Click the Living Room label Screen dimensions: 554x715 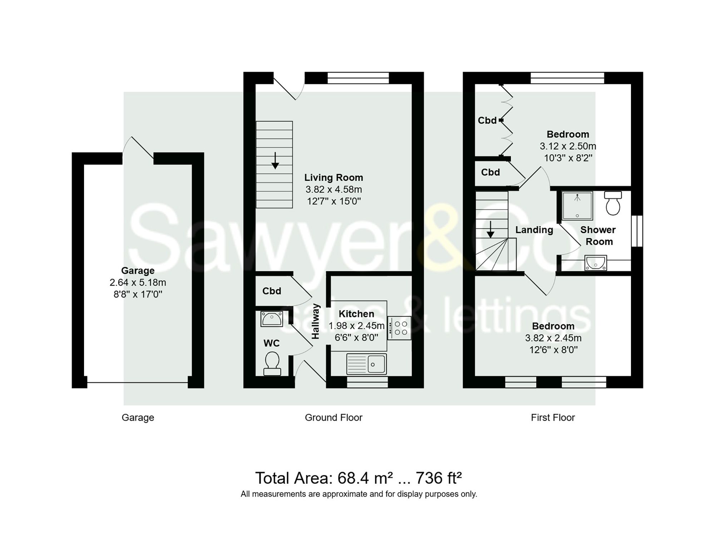point(333,177)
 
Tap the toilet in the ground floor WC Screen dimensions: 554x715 point(272,363)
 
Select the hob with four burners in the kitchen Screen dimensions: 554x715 point(399,328)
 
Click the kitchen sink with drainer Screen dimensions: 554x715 point(366,364)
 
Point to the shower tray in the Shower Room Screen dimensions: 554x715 point(577,205)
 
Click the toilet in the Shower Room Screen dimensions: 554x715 point(613,203)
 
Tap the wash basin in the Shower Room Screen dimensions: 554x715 point(596,263)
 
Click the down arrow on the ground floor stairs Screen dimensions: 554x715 point(275,161)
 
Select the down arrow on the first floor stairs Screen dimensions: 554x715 point(490,230)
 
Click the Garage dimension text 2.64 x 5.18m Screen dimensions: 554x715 point(138,283)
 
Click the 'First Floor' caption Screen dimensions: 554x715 point(553,417)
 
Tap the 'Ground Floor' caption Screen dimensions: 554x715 point(333,417)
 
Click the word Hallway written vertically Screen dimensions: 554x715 point(315,321)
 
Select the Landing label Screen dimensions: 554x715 point(534,230)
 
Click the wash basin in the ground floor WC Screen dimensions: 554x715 point(272,319)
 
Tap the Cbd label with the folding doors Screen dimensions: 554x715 point(487,121)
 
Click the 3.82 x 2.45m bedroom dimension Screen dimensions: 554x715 point(553,338)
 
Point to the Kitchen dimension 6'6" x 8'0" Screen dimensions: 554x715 point(356,338)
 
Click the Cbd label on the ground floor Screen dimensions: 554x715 point(272,291)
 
